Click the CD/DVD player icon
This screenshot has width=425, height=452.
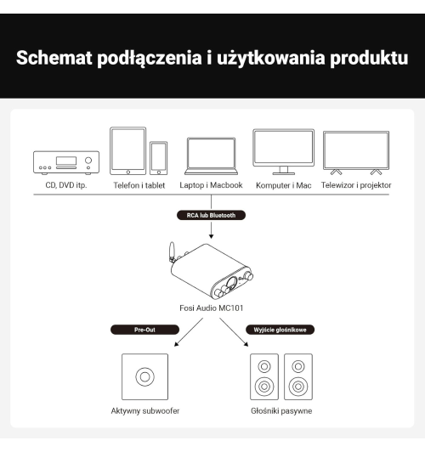[65, 161]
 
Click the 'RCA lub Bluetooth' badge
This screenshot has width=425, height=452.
[211, 216]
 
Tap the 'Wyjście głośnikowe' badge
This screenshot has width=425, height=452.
[277, 329]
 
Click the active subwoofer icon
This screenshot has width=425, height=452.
[144, 376]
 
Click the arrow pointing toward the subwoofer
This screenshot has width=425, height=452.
[182, 340]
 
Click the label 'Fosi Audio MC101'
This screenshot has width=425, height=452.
[212, 307]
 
